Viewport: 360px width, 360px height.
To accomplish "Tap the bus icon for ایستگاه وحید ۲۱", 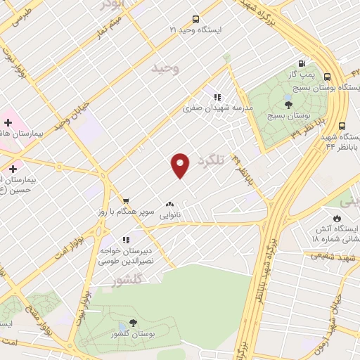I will coord(195,20).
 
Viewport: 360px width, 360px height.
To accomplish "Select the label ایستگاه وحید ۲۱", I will coord(195,31).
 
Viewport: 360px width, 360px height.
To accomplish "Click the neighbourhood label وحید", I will coord(166,68).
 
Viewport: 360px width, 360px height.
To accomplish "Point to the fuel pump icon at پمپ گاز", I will coord(302,63).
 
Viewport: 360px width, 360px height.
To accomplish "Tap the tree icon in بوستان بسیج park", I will coord(288,104).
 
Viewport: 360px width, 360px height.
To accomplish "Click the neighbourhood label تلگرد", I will coord(217,160).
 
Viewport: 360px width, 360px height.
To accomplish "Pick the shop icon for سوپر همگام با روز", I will coord(125,200).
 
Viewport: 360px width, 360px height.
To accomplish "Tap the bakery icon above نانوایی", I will coord(169,204).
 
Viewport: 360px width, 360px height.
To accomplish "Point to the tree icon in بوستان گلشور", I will coord(132,323).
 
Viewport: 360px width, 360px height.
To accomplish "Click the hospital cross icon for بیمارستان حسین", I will coord(13,169).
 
